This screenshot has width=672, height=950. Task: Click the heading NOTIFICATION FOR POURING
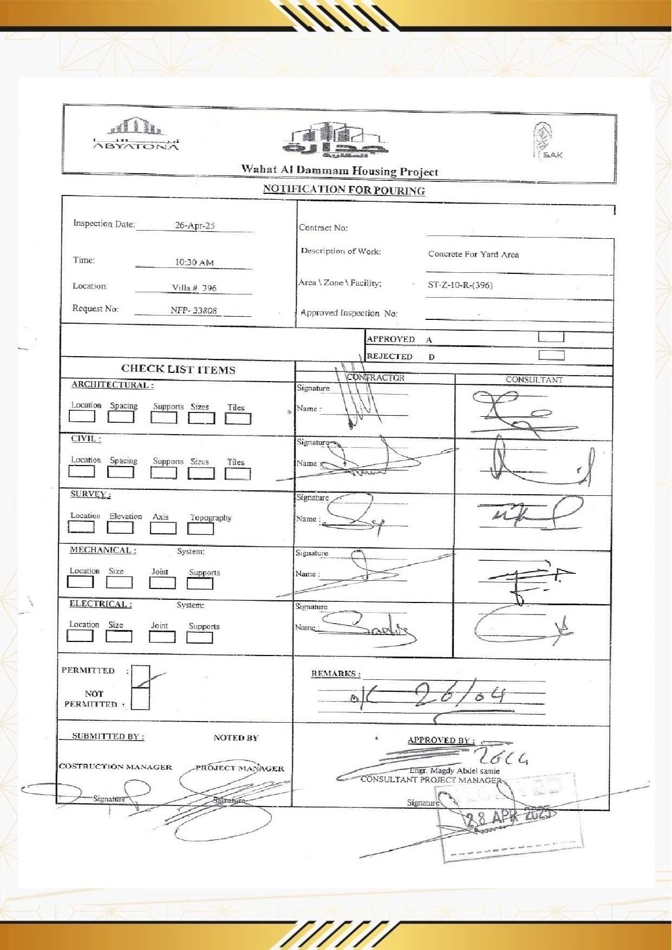click(344, 190)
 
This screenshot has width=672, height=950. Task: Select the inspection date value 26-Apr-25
click(194, 226)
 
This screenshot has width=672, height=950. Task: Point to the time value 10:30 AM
click(194, 263)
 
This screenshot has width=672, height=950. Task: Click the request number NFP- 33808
click(193, 311)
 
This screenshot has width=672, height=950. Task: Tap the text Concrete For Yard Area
click(473, 254)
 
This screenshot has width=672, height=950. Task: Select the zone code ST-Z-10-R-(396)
click(460, 285)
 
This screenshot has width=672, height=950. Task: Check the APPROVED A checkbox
click(551, 337)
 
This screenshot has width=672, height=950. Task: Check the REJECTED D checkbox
click(551, 355)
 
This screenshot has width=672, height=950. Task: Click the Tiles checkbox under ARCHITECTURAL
click(238, 418)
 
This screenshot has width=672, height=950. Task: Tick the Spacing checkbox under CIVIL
click(120, 472)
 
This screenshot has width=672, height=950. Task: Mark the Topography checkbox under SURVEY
click(200, 528)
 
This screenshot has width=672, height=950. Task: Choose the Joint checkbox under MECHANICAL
click(162, 583)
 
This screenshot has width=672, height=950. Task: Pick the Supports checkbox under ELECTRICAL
click(199, 637)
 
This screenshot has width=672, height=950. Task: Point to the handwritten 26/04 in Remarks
click(461, 693)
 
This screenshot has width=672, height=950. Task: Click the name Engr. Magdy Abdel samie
click(454, 771)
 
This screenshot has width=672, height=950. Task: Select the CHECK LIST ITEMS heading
click(178, 369)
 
